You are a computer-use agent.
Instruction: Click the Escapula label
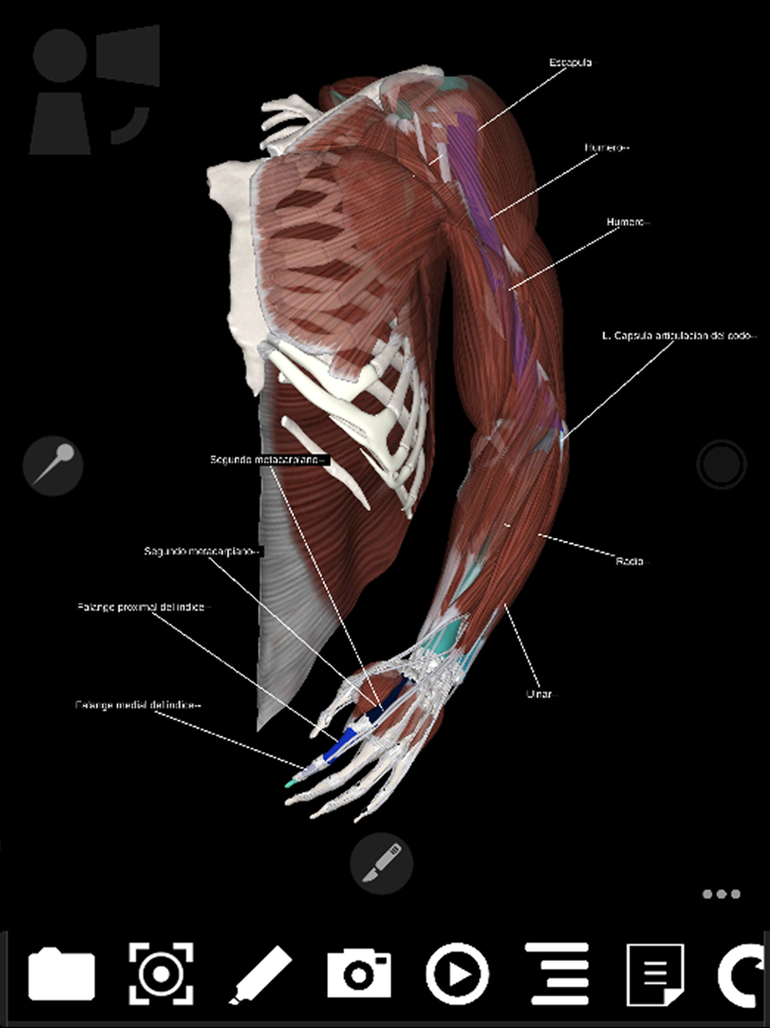571,62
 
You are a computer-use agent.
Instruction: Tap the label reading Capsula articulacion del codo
678,336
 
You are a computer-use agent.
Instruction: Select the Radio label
630,561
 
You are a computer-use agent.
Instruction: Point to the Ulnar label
539,694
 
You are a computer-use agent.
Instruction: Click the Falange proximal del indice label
142,607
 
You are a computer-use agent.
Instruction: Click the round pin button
53,465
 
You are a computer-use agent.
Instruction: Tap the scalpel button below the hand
381,862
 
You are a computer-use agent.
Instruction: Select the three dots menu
721,894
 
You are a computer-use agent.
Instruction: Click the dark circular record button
721,465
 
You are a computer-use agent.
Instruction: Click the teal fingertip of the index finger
290,784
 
